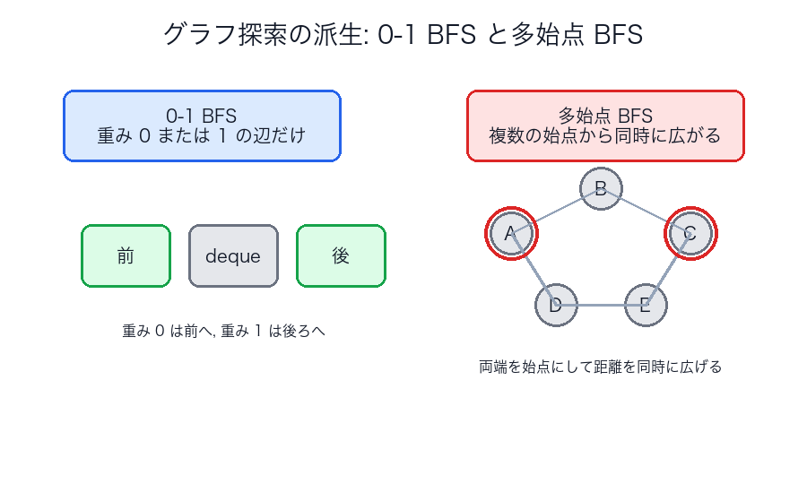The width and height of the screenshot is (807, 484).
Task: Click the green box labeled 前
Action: click(126, 255)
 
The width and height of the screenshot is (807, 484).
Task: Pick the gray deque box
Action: click(233, 255)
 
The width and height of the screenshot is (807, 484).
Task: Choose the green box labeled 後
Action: click(341, 255)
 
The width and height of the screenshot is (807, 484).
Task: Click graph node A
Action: click(511, 234)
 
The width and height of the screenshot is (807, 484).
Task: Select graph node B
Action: click(601, 188)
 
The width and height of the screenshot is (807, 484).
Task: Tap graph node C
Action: click(690, 234)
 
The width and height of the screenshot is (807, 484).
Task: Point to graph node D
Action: click(556, 306)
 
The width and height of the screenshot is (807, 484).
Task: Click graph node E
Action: click(646, 306)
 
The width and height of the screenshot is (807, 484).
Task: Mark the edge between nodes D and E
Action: click(601, 306)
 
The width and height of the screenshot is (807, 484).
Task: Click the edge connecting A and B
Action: click(556, 212)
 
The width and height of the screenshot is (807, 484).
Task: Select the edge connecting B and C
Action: click(646, 212)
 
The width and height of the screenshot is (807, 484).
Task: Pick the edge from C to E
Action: click(668, 270)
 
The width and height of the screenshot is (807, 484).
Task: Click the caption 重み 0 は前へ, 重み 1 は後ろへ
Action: click(223, 331)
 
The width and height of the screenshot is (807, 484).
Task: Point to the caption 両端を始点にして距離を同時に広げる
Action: click(601, 367)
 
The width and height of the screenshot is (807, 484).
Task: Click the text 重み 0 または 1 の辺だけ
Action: click(202, 137)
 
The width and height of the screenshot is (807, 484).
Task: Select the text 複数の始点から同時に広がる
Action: click(605, 137)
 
